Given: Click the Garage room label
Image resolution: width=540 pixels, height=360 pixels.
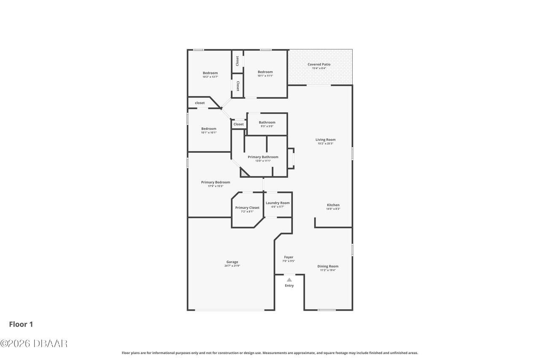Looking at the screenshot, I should coord(232,262).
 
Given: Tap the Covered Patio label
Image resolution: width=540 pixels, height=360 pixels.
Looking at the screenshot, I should coord(319,65).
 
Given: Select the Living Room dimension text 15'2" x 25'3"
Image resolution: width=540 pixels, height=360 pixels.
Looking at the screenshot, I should coord(326,143).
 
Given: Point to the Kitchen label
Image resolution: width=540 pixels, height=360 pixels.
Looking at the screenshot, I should coord(333,205).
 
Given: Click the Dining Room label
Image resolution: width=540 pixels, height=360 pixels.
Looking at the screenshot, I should coord(328,266).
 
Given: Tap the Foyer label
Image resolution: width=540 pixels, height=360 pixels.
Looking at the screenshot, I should coord(289,257).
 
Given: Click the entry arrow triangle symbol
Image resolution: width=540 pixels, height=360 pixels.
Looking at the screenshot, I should coord(289,280).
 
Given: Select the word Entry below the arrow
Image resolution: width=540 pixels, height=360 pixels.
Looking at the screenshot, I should coord(289,286).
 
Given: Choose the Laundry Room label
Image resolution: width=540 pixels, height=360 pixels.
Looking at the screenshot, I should coord(278,203).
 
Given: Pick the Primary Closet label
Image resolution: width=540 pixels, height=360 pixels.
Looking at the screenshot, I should coord(247,208).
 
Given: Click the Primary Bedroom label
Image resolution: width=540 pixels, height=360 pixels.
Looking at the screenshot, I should coord(216,182).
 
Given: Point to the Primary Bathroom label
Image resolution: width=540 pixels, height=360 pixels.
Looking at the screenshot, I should coord(263,157).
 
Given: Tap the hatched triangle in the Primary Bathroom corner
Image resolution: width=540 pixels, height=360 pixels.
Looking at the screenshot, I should coord(244,173).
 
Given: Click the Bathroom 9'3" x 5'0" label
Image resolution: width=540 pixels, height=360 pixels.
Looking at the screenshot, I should coord(267,122).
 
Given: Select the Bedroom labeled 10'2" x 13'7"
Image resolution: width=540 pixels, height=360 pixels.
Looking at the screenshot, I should coord(210,73).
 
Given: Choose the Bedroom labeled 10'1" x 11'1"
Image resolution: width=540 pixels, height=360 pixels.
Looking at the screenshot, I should coord(265,72).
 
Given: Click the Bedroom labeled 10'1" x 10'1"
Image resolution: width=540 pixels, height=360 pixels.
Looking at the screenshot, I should coord(209,129).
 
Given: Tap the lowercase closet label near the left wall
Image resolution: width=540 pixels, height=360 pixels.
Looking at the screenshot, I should coord(200,103).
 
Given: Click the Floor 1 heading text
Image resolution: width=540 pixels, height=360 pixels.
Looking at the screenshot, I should coord(21,324).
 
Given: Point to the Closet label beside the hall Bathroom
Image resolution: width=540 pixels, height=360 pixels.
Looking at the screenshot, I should coord(239,125).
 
